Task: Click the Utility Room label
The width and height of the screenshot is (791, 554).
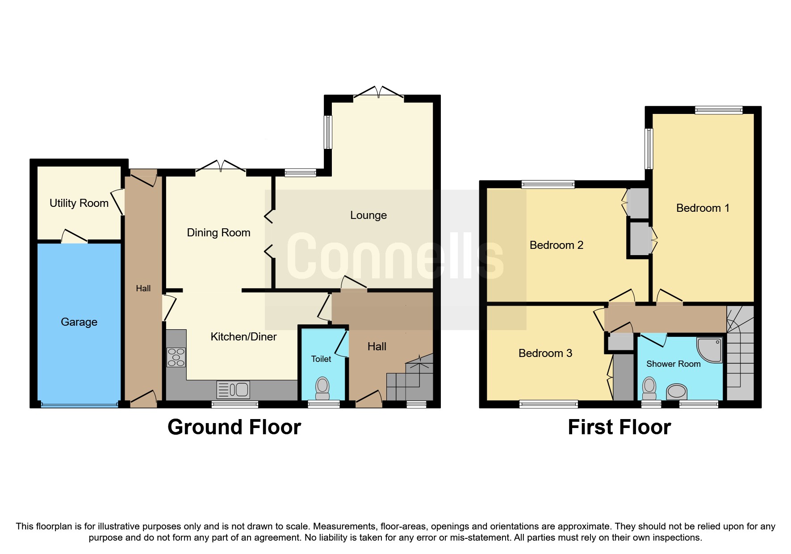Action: (79, 203)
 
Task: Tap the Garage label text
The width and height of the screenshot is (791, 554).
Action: (79, 322)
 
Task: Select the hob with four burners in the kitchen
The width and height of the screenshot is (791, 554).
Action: (176, 357)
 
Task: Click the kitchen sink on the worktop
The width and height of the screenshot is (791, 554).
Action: (233, 390)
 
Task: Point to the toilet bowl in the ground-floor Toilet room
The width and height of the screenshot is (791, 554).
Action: (322, 388)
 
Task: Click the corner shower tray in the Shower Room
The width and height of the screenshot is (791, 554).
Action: (710, 349)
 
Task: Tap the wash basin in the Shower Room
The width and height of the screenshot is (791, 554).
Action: (677, 392)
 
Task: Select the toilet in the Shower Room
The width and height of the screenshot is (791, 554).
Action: (649, 388)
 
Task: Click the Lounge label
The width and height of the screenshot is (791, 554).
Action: (368, 215)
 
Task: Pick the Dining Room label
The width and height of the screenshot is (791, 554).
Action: (218, 233)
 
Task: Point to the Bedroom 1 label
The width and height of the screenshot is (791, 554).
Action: (703, 208)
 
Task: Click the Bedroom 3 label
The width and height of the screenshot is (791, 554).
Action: (545, 353)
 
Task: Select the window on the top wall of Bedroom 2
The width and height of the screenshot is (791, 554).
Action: (548, 184)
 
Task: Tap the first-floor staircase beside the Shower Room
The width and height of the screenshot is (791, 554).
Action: (740, 353)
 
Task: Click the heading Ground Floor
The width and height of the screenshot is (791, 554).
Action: (234, 427)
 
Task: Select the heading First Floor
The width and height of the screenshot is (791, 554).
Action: (619, 427)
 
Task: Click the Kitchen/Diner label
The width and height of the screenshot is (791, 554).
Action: (243, 337)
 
